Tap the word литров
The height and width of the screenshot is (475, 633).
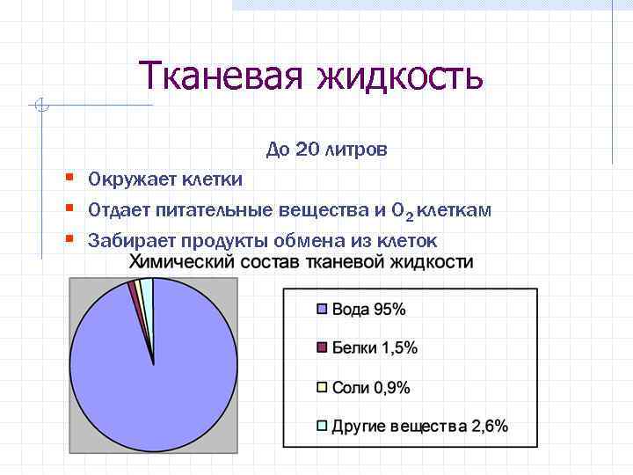coord(355,150)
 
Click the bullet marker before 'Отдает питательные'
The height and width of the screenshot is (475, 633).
coord(69,208)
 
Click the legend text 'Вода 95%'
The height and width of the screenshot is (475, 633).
coord(368,309)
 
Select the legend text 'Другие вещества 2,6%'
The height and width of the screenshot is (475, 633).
coord(419,427)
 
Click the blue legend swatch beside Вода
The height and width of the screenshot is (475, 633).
coord(322,309)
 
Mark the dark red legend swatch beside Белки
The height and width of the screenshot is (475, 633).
coord(322,347)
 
